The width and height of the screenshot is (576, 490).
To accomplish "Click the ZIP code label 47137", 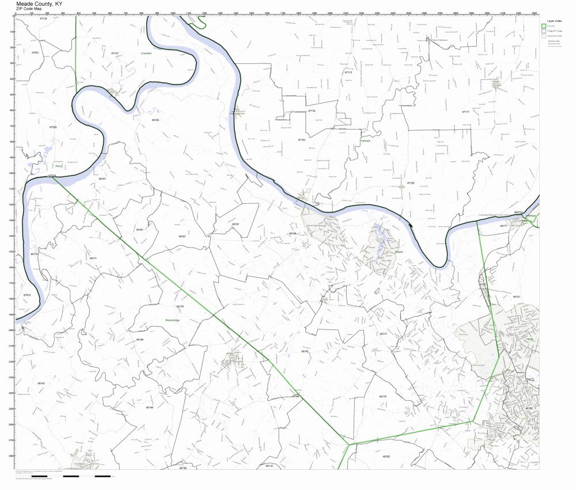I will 115,53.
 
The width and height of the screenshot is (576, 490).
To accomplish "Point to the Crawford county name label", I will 146,53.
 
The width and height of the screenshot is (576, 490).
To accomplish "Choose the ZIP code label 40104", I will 155,120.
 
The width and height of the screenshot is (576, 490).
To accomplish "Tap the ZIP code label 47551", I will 35,52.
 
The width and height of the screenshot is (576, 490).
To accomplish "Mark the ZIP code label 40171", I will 93,258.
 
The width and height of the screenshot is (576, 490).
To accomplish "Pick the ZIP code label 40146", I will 139,340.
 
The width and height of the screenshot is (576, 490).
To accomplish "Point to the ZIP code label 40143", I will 41,383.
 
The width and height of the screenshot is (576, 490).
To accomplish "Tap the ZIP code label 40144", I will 150,407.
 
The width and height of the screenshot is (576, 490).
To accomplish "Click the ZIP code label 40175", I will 383,397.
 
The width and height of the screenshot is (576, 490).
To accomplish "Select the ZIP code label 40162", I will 386,456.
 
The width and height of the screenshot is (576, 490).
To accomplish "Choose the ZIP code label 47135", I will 411,183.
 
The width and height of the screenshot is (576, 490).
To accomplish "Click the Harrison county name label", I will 365,140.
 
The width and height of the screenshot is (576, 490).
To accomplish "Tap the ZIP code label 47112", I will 348,73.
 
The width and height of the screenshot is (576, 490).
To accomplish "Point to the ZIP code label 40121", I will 517,297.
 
